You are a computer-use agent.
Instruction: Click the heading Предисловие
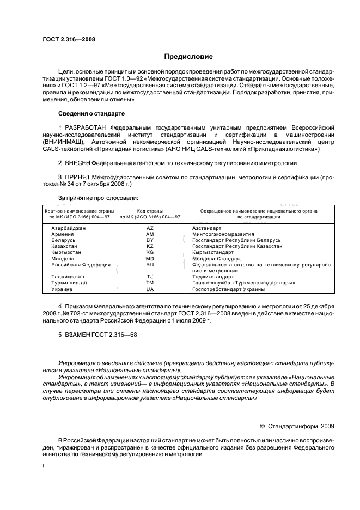point(189,56)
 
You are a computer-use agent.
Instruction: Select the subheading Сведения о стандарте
point(91,113)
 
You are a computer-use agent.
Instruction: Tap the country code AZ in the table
point(150,228)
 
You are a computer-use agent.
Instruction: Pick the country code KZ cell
point(150,246)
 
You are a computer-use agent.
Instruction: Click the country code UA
point(150,289)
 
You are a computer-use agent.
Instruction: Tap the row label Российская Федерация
point(81,264)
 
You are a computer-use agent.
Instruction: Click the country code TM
point(150,283)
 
